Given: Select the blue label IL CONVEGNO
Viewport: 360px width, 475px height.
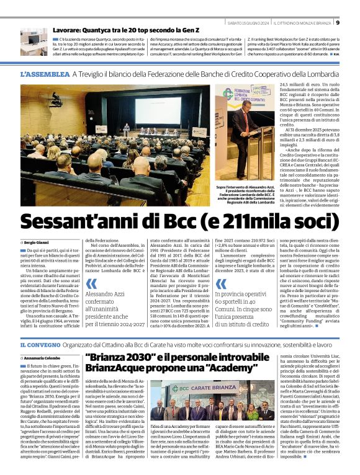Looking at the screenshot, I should point(40,345).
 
